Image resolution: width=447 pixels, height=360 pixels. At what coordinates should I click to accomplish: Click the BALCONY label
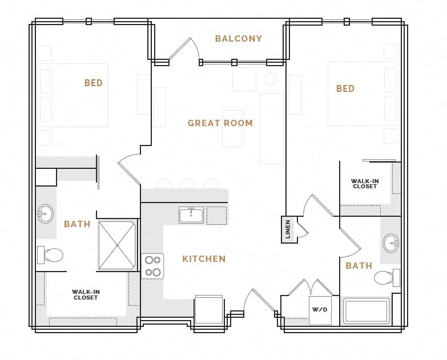pyautogui.click(x=238, y=39)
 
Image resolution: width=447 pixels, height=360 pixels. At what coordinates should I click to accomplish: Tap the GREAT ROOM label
pyautogui.click(x=220, y=123)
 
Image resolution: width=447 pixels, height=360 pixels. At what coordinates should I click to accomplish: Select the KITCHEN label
pyautogui.click(x=204, y=259)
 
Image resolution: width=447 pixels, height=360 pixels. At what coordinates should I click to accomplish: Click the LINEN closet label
pyautogui.click(x=288, y=229)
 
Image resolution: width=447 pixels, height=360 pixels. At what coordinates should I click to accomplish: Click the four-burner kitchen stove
pyautogui.click(x=152, y=266)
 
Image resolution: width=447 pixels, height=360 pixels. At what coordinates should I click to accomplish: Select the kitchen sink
pyautogui.click(x=191, y=215)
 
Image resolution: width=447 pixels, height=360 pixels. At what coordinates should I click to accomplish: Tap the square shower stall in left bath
pyautogui.click(x=118, y=245)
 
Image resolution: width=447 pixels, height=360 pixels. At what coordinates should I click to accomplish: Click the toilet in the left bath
pyautogui.click(x=50, y=254)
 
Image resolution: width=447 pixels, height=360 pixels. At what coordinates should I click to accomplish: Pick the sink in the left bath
pyautogui.click(x=45, y=214)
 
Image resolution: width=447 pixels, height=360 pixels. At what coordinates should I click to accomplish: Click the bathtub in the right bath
pyautogui.click(x=366, y=312)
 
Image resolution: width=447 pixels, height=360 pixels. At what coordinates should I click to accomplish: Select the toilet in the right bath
pyautogui.click(x=386, y=278)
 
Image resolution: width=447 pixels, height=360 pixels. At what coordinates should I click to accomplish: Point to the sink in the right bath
pyautogui.click(x=391, y=242)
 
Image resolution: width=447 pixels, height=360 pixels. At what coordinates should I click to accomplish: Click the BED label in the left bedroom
pyautogui.click(x=94, y=83)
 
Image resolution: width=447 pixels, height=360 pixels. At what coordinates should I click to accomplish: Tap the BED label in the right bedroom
pyautogui.click(x=345, y=89)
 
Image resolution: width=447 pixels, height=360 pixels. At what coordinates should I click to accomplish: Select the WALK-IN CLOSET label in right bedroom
pyautogui.click(x=364, y=184)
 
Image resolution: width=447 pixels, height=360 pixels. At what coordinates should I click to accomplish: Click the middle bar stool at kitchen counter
pyautogui.click(x=187, y=184)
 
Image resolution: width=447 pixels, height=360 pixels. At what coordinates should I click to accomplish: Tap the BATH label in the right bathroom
pyautogui.click(x=359, y=266)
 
